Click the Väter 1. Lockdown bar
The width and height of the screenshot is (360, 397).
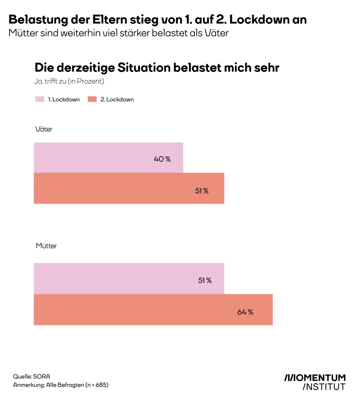coord(108,157)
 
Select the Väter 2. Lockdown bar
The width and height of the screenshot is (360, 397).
coord(129,188)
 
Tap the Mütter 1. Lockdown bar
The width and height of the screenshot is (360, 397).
coord(129,278)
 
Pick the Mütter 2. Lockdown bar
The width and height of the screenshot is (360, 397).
coord(153,309)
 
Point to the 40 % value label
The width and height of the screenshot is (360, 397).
coord(162,159)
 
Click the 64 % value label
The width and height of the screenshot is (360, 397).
coord(245,312)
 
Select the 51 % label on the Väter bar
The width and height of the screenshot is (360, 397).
coord(202,191)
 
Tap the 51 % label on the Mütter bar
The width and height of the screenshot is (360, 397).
coord(205,281)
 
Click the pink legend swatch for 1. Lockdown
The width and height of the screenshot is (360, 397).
coord(40,99)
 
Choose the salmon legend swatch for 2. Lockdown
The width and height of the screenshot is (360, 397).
coord(92,99)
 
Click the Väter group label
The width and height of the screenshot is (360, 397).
coord(44,129)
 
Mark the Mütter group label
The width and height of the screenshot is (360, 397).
coord(46,246)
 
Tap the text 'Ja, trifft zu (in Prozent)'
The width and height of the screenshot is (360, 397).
coord(70,81)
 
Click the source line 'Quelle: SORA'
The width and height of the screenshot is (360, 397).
coord(32,375)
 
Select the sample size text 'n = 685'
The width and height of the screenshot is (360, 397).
coord(95,385)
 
